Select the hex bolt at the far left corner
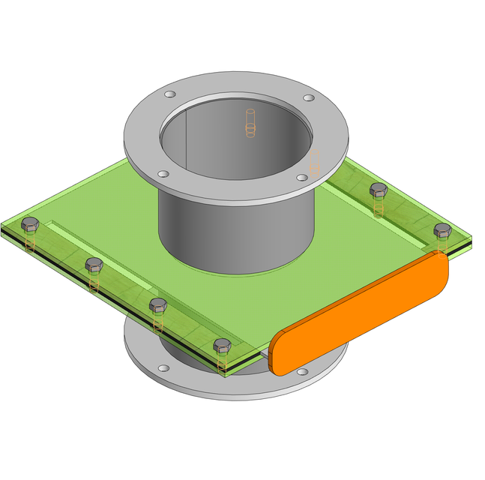(x=30, y=223)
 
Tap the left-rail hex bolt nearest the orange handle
(x=222, y=345)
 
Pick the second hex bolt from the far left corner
(x=94, y=264)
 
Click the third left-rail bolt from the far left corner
(x=158, y=304)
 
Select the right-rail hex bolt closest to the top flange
(x=379, y=190)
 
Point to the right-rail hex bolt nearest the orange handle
(x=442, y=229)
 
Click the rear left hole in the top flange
(x=170, y=95)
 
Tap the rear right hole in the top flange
(x=308, y=98)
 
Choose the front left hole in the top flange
(x=163, y=173)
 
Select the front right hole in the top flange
(x=301, y=178)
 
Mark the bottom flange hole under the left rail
(x=163, y=367)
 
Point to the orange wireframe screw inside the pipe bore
(x=250, y=124)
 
